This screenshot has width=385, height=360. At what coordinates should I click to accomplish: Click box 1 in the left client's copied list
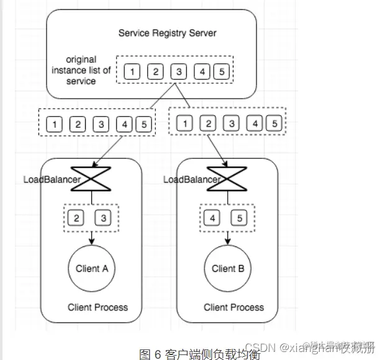(55, 124)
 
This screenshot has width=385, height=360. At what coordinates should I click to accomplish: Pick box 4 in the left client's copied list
(124, 124)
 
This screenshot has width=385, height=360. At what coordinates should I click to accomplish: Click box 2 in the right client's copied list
(208, 124)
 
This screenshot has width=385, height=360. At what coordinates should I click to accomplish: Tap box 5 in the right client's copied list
(273, 124)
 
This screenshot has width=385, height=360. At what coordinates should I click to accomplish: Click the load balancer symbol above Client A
(93, 180)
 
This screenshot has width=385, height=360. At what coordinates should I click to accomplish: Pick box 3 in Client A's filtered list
(103, 218)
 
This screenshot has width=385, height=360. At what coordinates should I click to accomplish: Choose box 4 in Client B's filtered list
(214, 218)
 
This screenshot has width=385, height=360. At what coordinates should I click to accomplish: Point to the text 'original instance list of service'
(81, 70)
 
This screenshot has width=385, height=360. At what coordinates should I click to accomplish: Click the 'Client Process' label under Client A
(97, 307)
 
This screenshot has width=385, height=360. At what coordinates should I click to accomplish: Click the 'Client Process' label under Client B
(233, 307)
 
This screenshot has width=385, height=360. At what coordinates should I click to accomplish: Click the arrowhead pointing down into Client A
(92, 242)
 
